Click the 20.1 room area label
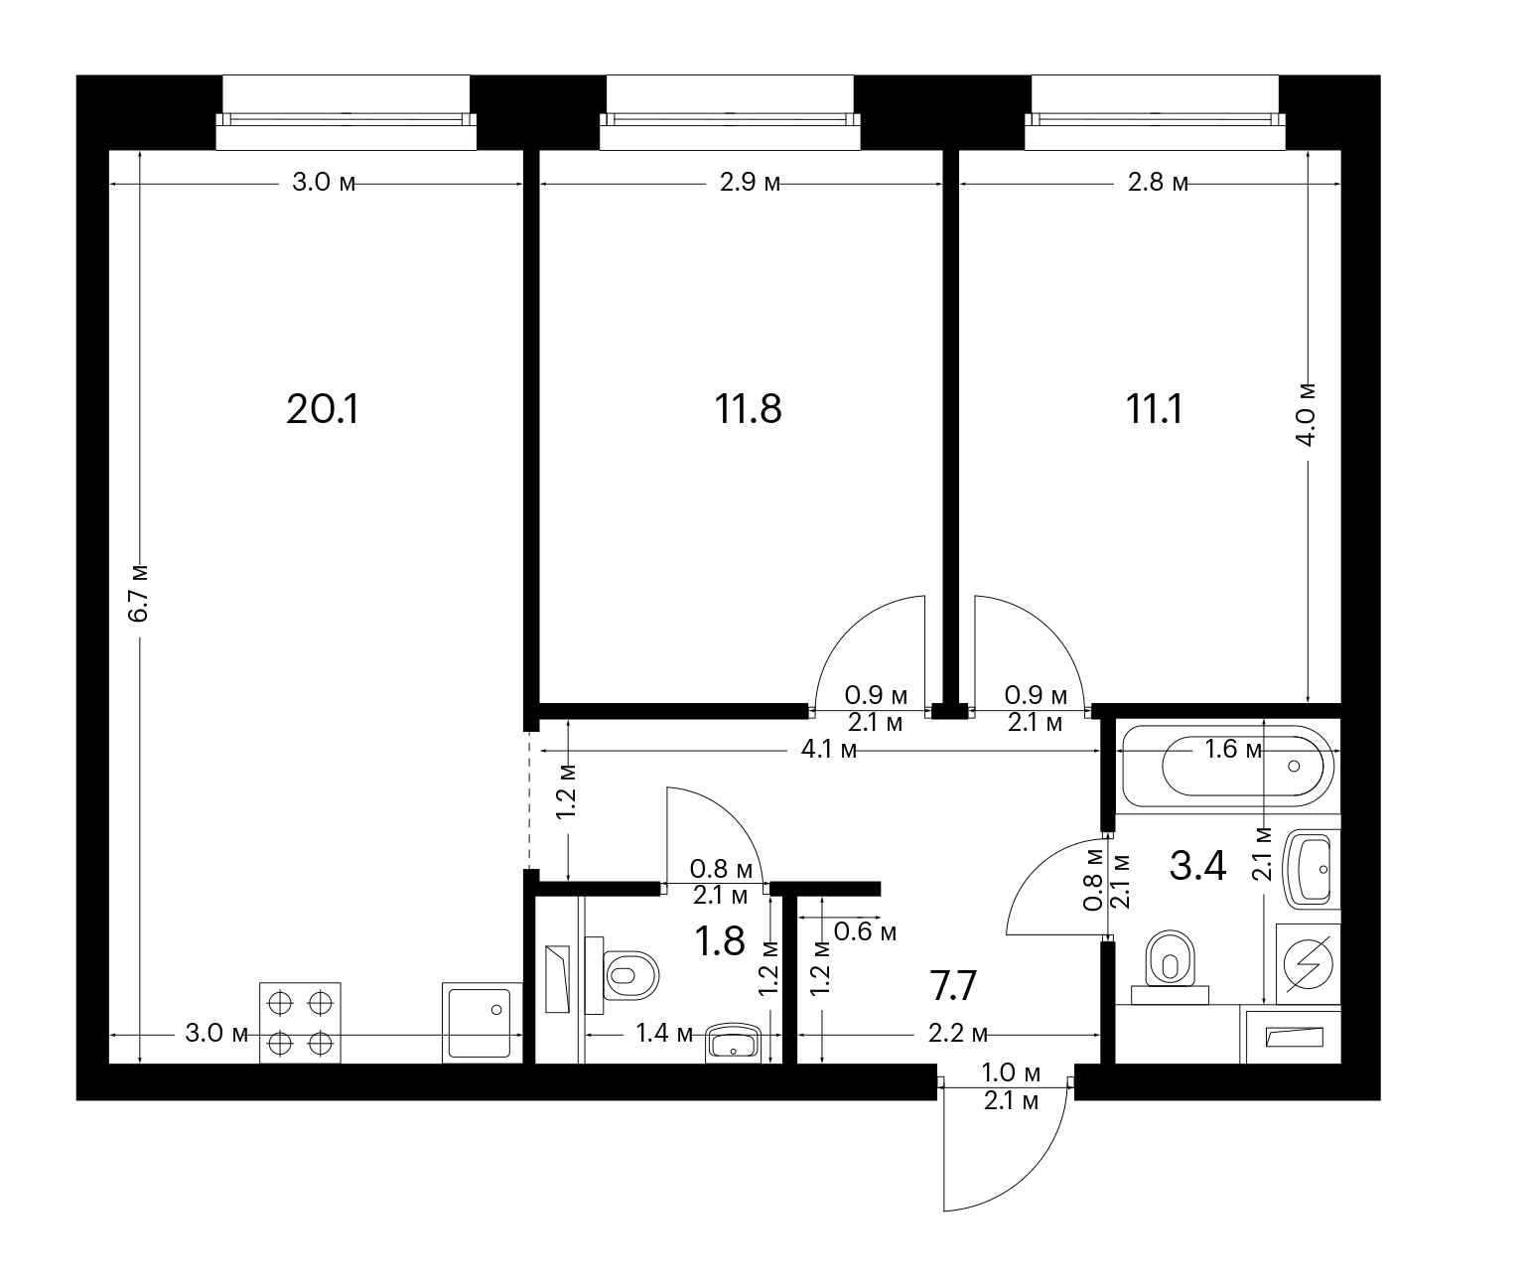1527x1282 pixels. [x=323, y=409]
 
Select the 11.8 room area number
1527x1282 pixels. [x=749, y=409]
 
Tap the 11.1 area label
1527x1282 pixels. [x=1154, y=409]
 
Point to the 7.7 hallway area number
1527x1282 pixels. [x=953, y=986]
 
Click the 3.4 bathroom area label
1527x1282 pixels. [x=1198, y=866]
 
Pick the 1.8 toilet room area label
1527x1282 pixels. [x=721, y=941]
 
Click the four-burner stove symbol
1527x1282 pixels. [x=300, y=1023]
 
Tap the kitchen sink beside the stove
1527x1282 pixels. [x=482, y=1023]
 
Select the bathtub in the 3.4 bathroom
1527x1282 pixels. [x=1228, y=766]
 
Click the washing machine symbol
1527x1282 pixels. [x=1308, y=964]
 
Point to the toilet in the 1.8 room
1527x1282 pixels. [x=623, y=975]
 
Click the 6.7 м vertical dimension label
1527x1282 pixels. [x=137, y=593]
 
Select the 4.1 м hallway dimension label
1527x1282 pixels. [x=829, y=750]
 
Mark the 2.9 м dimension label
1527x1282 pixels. [x=750, y=182]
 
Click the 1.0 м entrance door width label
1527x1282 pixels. [x=1010, y=1072]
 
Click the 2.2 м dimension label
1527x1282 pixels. [x=958, y=1034]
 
